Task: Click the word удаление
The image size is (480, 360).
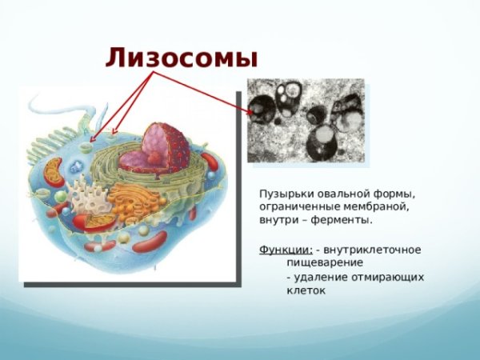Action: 318,277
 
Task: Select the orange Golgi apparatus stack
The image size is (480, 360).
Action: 128,204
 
